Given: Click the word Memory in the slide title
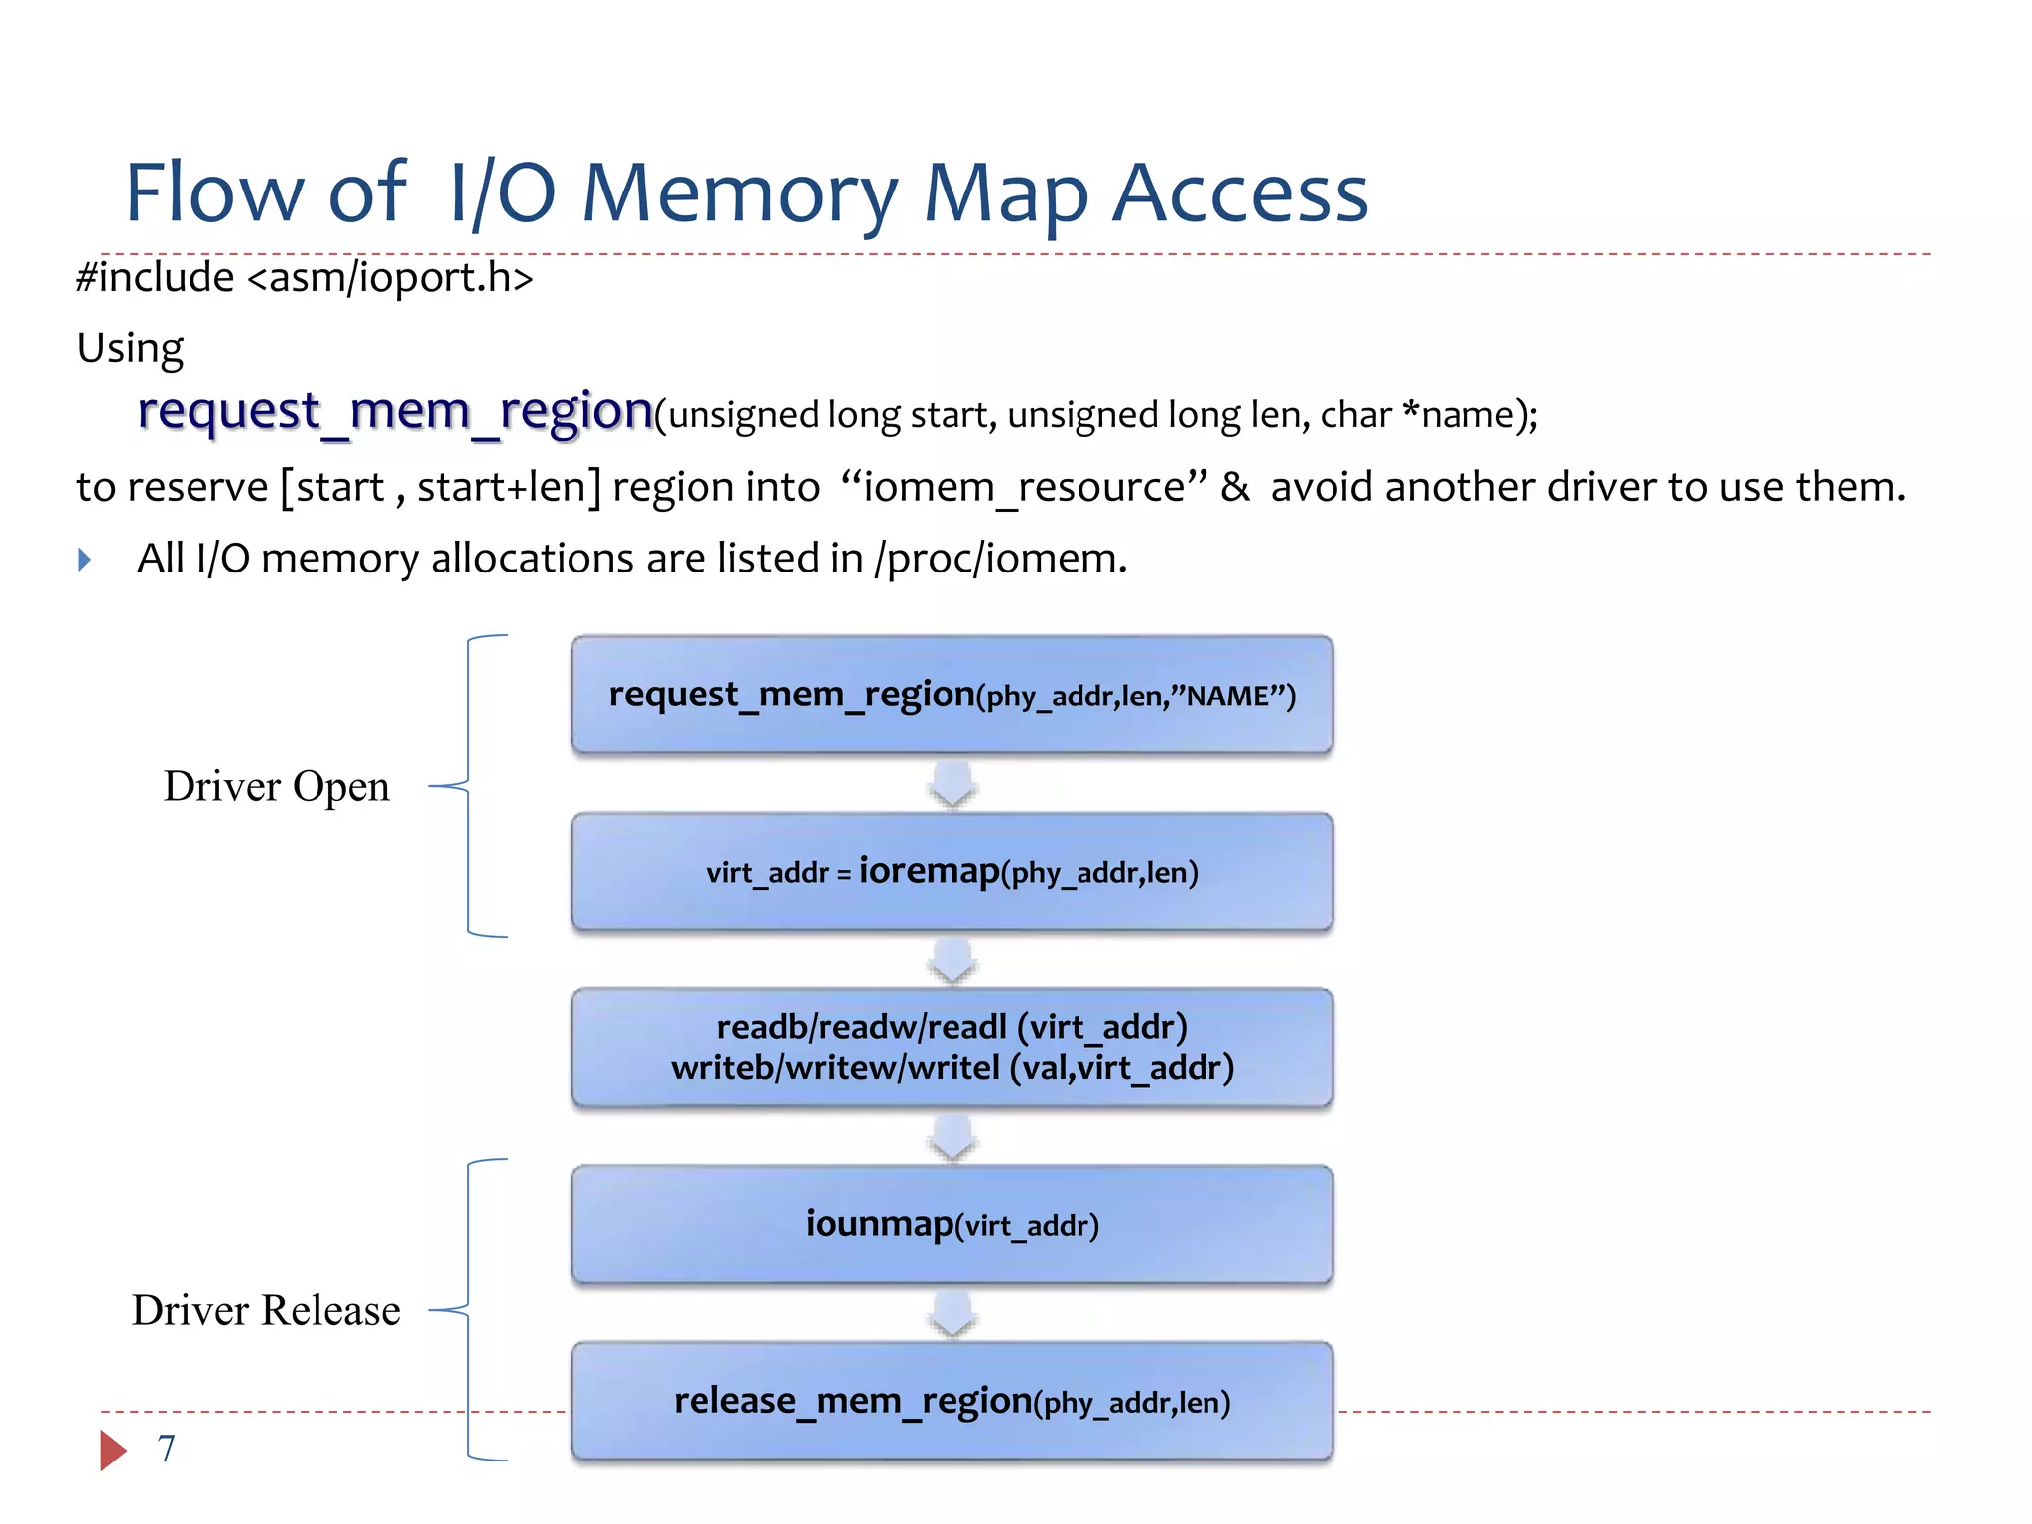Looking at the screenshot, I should point(739,193).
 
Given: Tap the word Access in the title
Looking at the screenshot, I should point(1240,193).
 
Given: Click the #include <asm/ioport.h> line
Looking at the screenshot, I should point(305,277).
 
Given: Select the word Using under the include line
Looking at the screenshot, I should point(130,348).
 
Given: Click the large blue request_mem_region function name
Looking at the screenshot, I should point(394,411).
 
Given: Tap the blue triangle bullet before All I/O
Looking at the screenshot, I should point(85,560).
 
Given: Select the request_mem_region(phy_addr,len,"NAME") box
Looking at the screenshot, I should point(952,695).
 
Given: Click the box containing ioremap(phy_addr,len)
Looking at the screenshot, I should point(952,871).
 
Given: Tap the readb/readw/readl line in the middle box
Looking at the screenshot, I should point(952,1027).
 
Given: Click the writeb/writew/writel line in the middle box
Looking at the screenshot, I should point(952,1069).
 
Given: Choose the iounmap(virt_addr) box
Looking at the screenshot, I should point(952,1224).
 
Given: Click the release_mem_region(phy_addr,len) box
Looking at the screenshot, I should point(952,1401).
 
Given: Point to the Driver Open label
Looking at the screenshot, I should point(276,786).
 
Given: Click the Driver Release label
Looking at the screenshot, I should point(266,1310).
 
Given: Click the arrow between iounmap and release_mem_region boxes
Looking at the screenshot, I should point(952,1313).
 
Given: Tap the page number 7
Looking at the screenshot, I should point(166,1449).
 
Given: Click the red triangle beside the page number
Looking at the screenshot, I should point(112,1450).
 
